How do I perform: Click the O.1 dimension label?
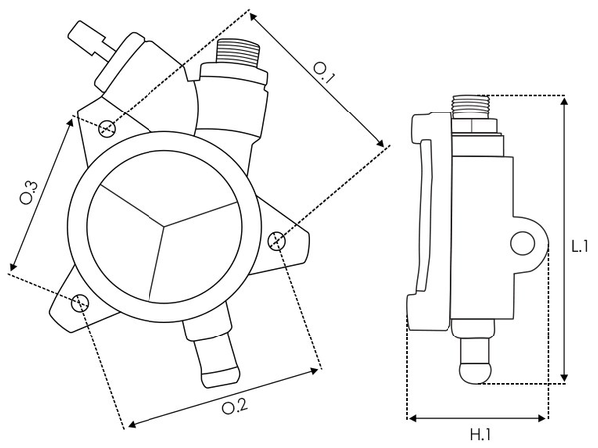pos(325,70)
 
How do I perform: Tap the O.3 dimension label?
pos(29,192)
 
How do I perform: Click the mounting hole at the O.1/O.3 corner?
pos(107,126)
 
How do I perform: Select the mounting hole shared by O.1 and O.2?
pos(278,238)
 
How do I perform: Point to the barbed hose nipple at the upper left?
pos(84,38)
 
